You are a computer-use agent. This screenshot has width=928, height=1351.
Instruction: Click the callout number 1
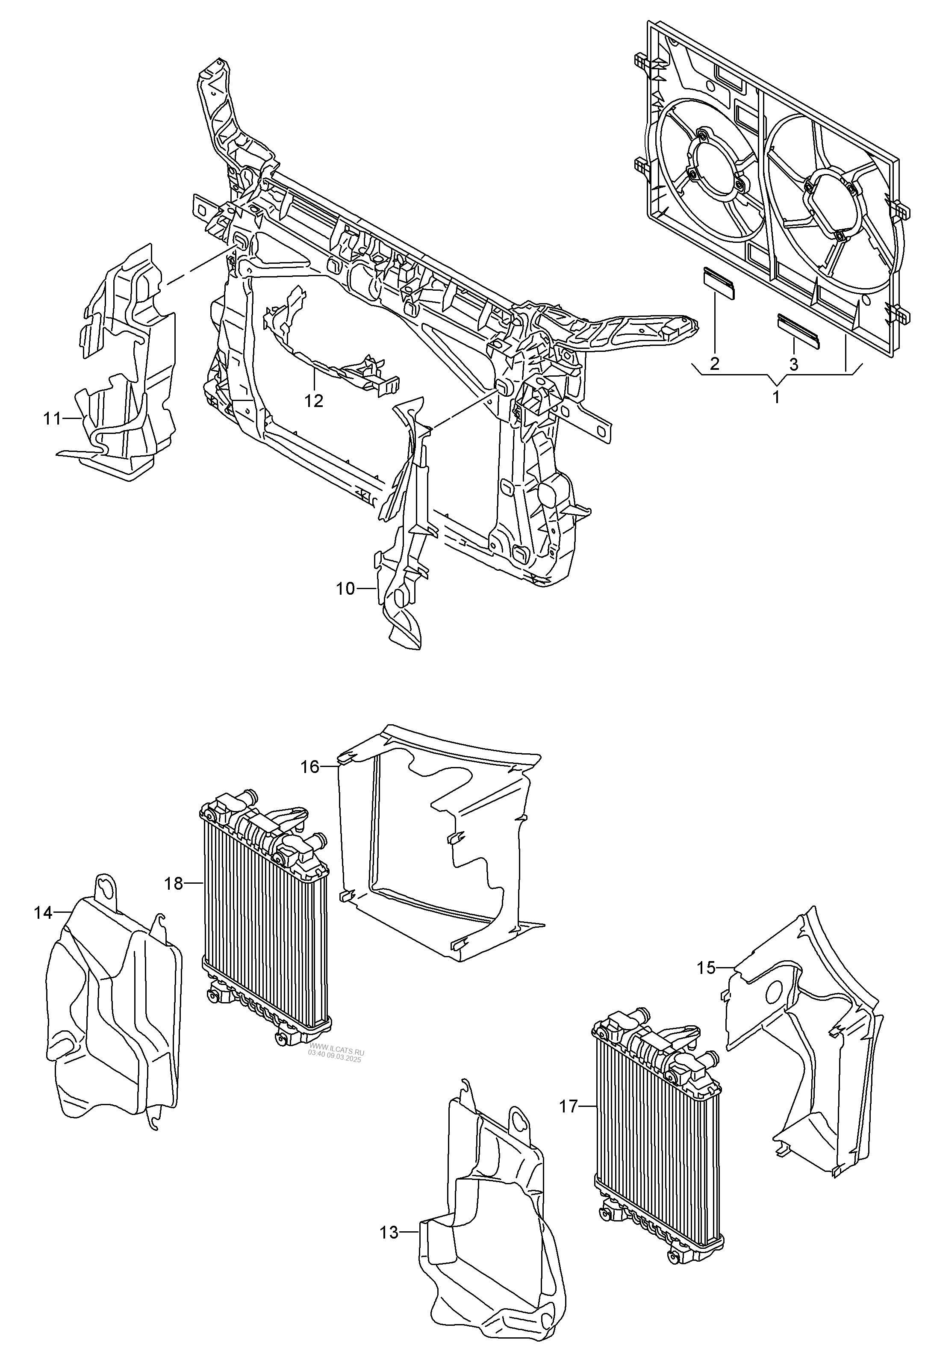tap(776, 398)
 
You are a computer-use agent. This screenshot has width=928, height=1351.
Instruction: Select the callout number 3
tap(794, 364)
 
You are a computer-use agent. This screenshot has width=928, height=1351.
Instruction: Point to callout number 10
tap(345, 589)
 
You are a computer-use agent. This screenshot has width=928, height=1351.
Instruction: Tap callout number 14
tap(43, 912)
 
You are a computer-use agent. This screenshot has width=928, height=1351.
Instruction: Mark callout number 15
tap(707, 967)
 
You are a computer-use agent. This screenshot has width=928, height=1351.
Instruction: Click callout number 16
tap(310, 767)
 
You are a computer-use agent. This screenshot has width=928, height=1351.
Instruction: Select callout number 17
tap(569, 1106)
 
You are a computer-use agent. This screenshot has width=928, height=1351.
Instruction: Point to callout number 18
tap(174, 883)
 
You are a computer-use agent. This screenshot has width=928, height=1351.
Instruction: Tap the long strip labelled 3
tap(798, 329)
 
